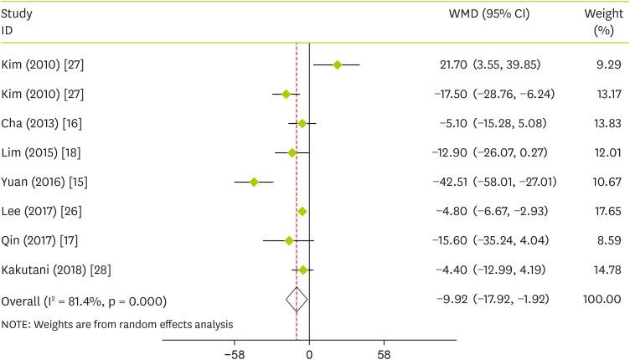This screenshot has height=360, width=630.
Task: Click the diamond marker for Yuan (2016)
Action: coord(254,182)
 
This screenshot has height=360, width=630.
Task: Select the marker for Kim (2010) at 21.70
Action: coord(338,64)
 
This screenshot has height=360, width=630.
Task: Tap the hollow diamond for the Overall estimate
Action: coord(297,298)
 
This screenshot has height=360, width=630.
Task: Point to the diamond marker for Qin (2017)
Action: coord(289,240)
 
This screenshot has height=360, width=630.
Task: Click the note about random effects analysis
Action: coord(116,323)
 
